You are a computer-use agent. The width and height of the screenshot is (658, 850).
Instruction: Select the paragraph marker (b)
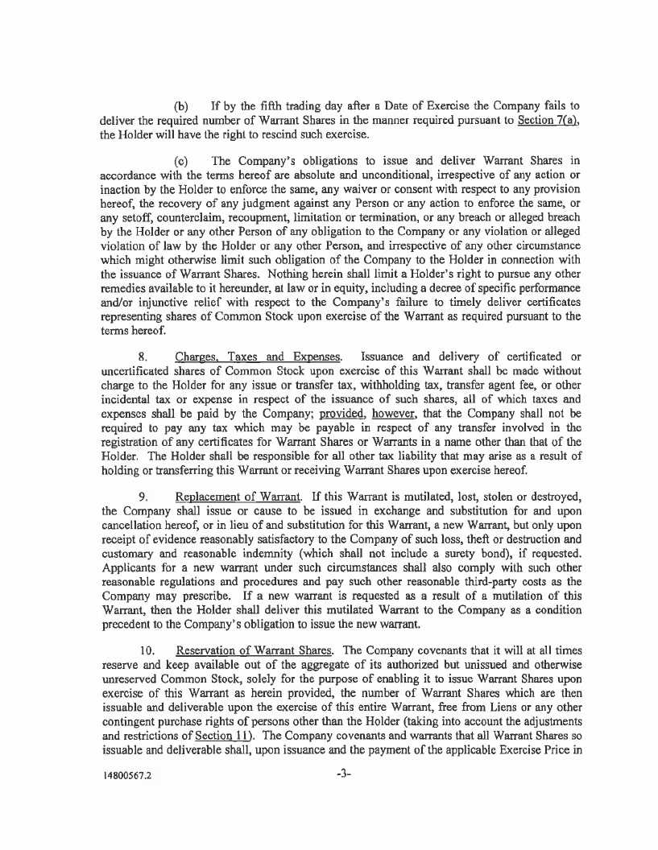[x=182, y=106]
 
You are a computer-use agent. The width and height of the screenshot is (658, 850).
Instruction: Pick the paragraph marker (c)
[x=182, y=159]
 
